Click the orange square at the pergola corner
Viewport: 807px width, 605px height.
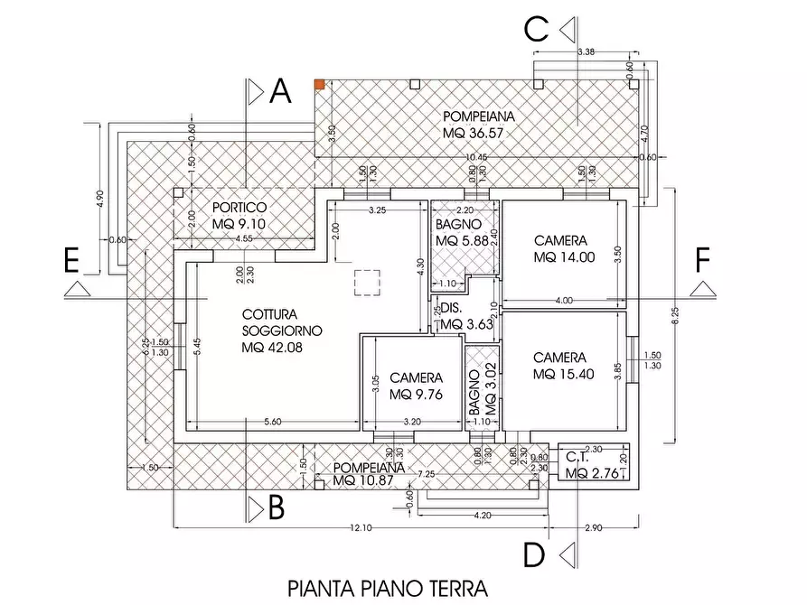[319, 84]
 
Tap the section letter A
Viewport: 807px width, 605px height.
[280, 91]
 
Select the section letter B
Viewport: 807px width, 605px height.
[277, 509]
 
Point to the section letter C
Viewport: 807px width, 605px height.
[537, 30]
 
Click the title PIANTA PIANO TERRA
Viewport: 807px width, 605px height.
[387, 589]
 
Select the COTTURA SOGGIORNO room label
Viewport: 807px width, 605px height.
[281, 330]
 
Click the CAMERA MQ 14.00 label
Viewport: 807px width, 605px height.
[561, 248]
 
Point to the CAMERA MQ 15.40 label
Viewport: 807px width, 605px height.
[561, 366]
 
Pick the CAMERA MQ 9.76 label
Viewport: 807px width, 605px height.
[417, 386]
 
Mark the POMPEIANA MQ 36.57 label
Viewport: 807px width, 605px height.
[479, 125]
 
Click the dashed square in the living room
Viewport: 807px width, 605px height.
[369, 283]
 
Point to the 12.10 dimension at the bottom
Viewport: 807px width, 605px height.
[360, 527]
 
